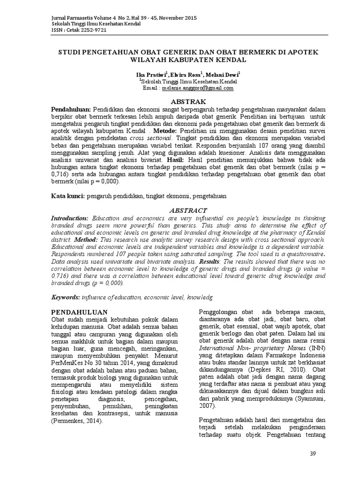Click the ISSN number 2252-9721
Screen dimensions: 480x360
point(93,29)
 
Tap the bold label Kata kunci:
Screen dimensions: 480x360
point(67,197)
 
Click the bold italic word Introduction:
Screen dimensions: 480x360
point(69,218)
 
